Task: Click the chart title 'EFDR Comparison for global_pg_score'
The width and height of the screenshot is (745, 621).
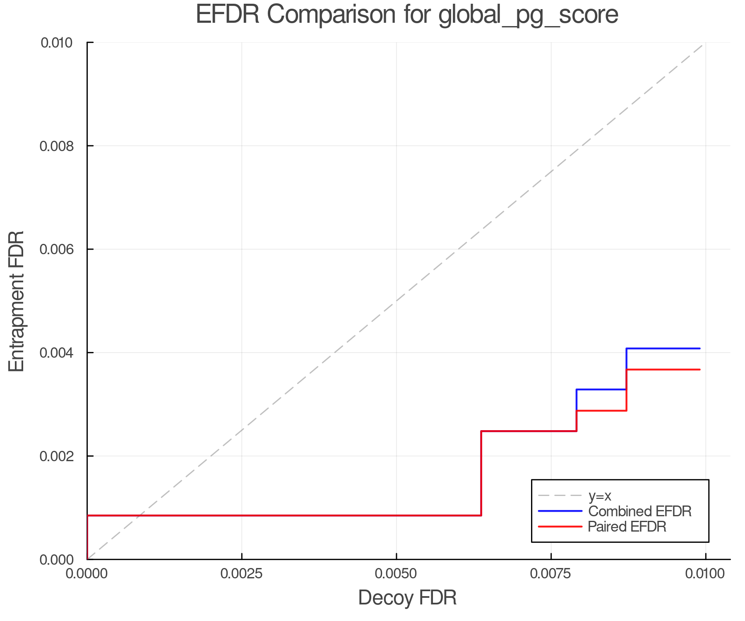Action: tap(407, 15)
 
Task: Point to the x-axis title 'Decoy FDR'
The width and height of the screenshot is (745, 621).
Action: tap(407, 598)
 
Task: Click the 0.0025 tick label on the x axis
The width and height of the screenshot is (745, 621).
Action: tap(242, 574)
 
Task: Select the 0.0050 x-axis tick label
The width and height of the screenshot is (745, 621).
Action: tap(397, 574)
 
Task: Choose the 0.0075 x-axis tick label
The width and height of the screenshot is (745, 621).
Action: tap(551, 574)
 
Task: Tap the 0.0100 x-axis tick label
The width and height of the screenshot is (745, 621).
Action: tap(705, 574)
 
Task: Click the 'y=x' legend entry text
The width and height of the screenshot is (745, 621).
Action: tap(600, 496)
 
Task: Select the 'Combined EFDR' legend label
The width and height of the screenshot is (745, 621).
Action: tap(640, 511)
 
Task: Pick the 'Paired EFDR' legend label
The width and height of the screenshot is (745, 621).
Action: tap(627, 527)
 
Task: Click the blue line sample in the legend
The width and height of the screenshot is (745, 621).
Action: tap(560, 511)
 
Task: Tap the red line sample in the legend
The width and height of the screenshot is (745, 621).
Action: tap(560, 527)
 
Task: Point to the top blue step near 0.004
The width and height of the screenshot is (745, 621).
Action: tap(663, 349)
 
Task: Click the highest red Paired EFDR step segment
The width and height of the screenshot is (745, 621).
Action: tap(663, 369)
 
